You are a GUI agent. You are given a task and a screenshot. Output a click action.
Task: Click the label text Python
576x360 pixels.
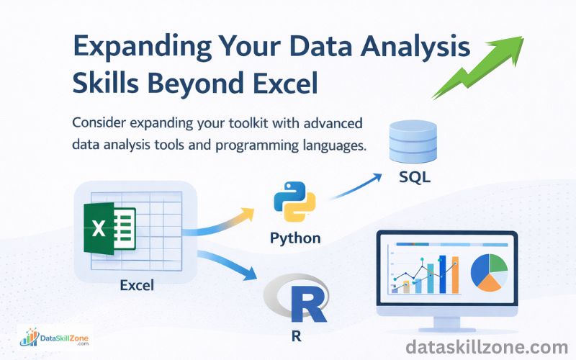(x=294, y=239)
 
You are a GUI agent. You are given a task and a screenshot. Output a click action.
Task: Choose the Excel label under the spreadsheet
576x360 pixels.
(x=138, y=286)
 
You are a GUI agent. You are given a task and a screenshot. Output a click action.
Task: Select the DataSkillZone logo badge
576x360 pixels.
(x=55, y=337)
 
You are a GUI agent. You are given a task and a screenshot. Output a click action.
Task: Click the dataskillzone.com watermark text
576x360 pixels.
(x=486, y=348)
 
